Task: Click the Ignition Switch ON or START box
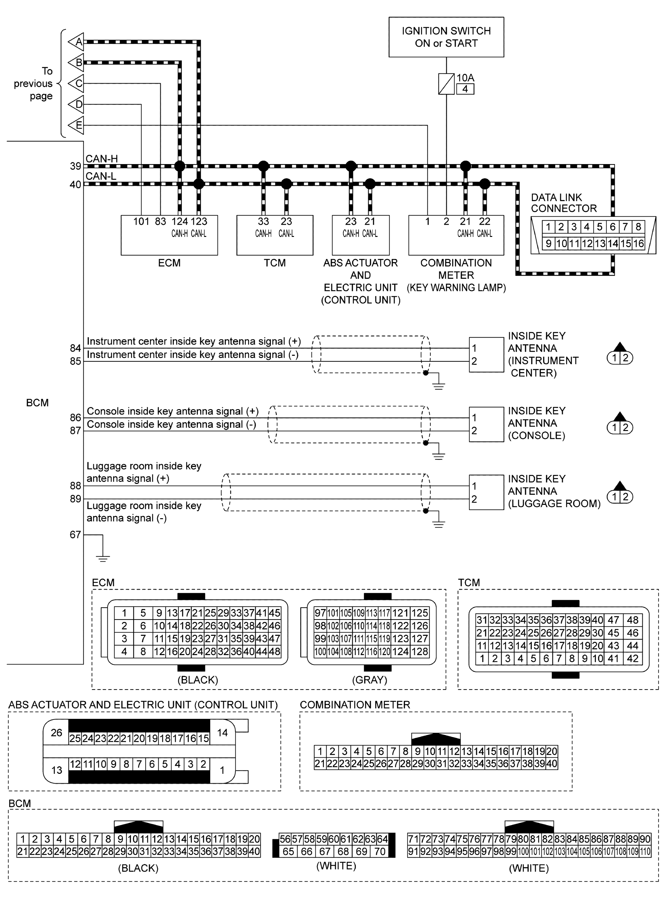point(446,37)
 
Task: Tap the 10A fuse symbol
point(446,84)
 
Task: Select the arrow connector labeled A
point(77,42)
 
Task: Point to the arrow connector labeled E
point(77,125)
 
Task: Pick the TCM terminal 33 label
point(263,221)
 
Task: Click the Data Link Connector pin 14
point(613,243)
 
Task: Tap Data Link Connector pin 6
point(612,227)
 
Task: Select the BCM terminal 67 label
point(75,534)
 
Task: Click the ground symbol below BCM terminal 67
point(103,558)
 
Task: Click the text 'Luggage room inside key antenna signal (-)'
point(144,512)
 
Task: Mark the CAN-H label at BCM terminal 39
point(101,159)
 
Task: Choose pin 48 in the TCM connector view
point(633,620)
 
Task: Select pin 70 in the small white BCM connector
point(380,851)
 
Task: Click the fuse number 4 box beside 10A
point(465,89)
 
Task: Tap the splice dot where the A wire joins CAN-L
point(199,184)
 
